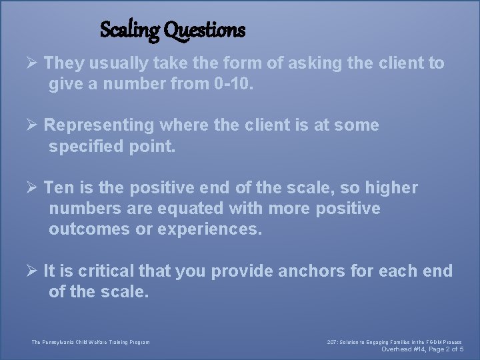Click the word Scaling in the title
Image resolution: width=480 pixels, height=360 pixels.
[x=129, y=30]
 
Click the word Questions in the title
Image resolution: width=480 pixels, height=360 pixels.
[x=204, y=30]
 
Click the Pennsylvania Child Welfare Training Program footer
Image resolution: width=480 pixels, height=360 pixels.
[x=91, y=343]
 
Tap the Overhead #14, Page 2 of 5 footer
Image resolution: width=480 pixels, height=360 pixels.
[x=421, y=349]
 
